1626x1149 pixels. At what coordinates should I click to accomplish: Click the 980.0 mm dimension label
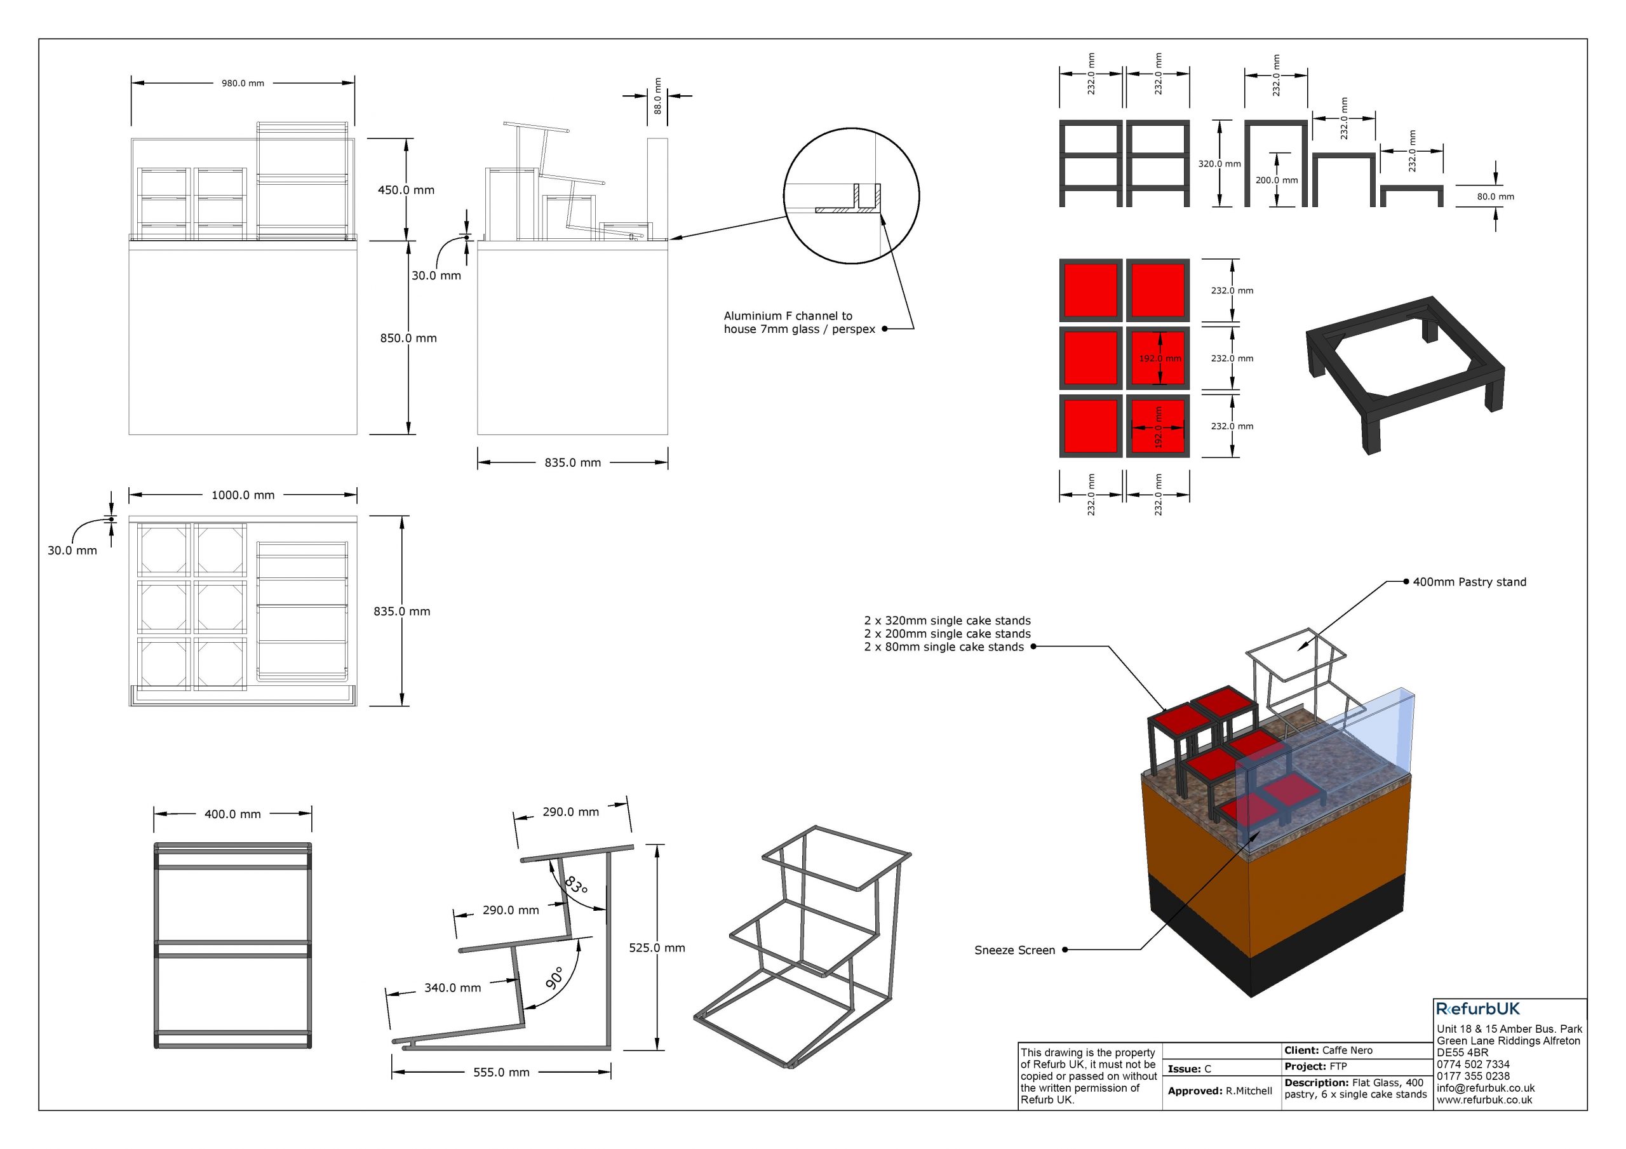pyautogui.click(x=243, y=84)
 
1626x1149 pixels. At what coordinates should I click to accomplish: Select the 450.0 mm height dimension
pyautogui.click(x=406, y=190)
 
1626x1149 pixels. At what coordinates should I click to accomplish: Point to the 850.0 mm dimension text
pyautogui.click(x=408, y=338)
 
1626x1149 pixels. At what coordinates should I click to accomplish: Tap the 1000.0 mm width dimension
pyautogui.click(x=243, y=495)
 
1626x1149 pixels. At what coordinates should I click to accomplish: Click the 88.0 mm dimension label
pyautogui.click(x=657, y=96)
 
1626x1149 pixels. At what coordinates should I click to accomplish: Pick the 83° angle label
pyautogui.click(x=575, y=885)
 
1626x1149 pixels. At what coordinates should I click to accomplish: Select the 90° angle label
pyautogui.click(x=555, y=978)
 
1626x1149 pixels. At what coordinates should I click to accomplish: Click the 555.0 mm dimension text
pyautogui.click(x=501, y=1073)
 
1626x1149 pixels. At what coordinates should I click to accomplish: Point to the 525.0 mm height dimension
pyautogui.click(x=657, y=948)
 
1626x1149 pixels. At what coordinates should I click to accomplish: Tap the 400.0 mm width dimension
pyautogui.click(x=233, y=815)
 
